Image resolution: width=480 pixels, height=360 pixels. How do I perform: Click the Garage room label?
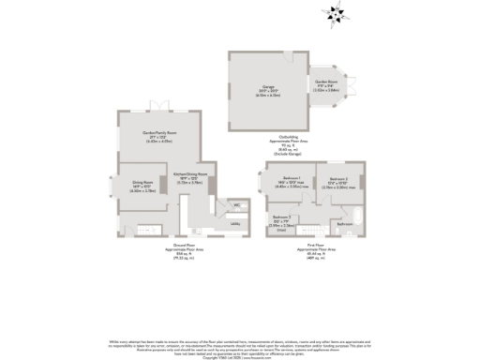269,85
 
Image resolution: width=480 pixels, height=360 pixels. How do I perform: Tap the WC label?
235,204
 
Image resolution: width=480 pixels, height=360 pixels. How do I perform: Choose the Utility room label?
235,224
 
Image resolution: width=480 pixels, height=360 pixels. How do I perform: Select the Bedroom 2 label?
338,179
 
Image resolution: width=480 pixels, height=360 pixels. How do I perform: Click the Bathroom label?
344,223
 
